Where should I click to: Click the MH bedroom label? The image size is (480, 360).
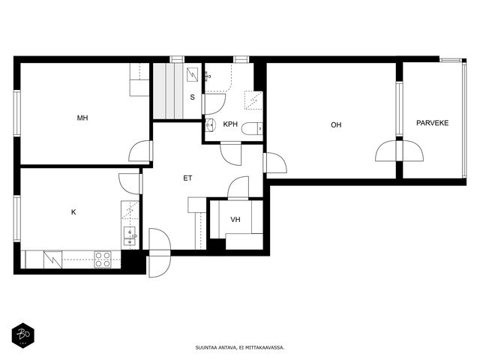coord(82,118)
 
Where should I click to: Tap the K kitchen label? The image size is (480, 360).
coord(73,212)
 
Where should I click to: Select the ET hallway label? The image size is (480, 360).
coord(187,178)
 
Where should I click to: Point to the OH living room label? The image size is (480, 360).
coord(336,125)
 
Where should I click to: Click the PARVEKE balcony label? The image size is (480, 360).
coord(432,123)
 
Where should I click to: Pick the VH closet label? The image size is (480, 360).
coord(235,220)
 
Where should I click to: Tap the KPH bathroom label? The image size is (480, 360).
coord(230,124)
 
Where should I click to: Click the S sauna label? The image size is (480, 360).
coord(192,97)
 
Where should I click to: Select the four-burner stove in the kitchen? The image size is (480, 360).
coord(103,259)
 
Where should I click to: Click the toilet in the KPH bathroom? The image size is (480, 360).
coord(252,129)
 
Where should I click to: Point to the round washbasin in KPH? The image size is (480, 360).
coord(211,124)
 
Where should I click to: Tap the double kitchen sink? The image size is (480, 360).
coord(130,237)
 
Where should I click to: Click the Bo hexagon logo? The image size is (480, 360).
coord(23,335)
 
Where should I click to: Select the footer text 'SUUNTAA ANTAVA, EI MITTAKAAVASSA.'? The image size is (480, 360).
coord(240,348)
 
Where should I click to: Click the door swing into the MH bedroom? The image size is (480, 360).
coord(140,151)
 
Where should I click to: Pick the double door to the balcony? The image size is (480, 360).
coord(400,151)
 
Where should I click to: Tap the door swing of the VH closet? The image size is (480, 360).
coord(238,188)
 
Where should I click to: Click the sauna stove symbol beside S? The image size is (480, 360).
coord(192,75)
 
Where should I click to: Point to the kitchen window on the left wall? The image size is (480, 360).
coord(17,219)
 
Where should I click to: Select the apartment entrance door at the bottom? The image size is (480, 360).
coord(159,253)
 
